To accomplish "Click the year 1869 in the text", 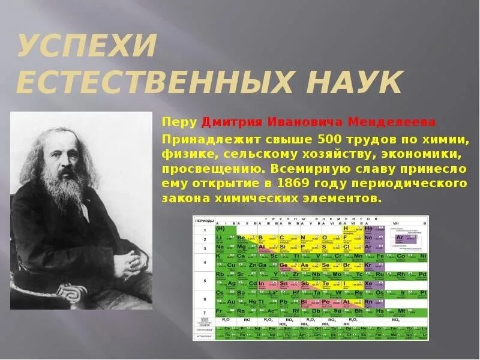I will (x=310, y=182).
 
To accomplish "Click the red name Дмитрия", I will (x=226, y=122).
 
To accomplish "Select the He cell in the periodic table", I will (x=369, y=229).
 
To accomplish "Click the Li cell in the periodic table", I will (x=221, y=238).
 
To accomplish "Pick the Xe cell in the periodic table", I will (x=369, y=283).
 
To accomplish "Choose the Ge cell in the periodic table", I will (x=285, y=265).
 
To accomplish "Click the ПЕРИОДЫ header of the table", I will (x=205, y=221).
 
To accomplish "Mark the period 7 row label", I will (x=204, y=311).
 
